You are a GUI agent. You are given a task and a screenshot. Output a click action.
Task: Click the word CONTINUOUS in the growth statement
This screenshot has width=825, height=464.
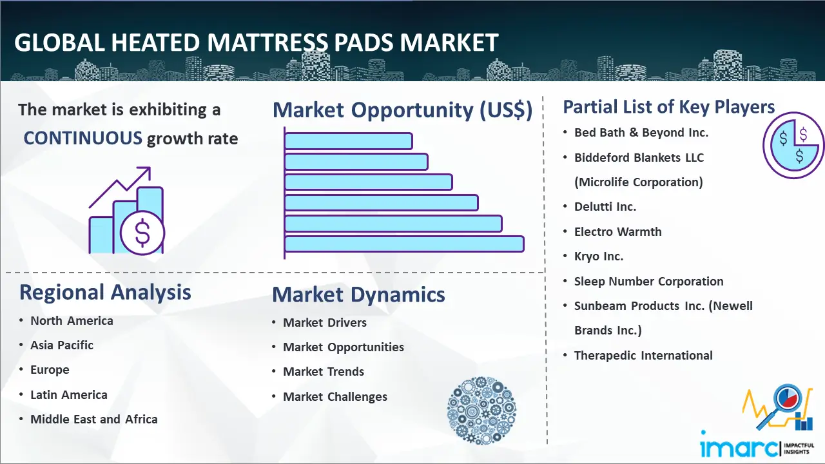(83, 139)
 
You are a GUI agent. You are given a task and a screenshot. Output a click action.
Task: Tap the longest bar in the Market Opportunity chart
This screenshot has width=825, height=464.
(404, 244)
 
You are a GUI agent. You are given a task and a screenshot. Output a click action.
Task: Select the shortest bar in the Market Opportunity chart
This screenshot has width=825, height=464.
(349, 141)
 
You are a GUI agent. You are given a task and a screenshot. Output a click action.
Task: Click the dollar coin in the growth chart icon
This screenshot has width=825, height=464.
(142, 233)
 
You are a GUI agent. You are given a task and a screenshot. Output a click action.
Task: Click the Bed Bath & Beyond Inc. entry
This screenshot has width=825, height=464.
(641, 133)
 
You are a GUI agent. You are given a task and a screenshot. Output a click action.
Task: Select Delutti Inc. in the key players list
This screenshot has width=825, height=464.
(605, 207)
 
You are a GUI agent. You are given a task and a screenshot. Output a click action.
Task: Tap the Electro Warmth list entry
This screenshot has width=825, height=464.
(618, 231)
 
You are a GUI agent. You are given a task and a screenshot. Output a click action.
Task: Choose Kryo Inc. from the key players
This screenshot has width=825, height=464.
(599, 256)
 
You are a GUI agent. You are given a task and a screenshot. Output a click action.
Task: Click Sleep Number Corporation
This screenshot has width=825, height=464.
(649, 282)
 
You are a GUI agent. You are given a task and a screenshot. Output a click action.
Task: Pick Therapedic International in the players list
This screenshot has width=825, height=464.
(643, 355)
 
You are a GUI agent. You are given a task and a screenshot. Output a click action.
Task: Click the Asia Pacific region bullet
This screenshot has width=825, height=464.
(62, 345)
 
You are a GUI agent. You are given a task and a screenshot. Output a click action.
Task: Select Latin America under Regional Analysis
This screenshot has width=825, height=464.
(69, 395)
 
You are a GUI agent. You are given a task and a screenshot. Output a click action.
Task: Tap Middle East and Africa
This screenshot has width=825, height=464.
(94, 419)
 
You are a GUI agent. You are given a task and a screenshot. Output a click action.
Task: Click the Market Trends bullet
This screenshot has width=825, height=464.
(324, 372)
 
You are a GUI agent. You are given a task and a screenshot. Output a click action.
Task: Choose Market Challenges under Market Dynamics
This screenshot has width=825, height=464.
(335, 396)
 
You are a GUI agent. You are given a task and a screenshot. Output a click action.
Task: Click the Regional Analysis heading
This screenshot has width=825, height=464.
(105, 293)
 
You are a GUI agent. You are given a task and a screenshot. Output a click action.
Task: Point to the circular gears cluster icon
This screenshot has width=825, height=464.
(481, 411)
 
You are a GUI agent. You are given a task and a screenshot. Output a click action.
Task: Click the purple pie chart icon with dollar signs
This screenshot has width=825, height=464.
(793, 146)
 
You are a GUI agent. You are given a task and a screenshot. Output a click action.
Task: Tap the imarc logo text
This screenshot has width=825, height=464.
(739, 447)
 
